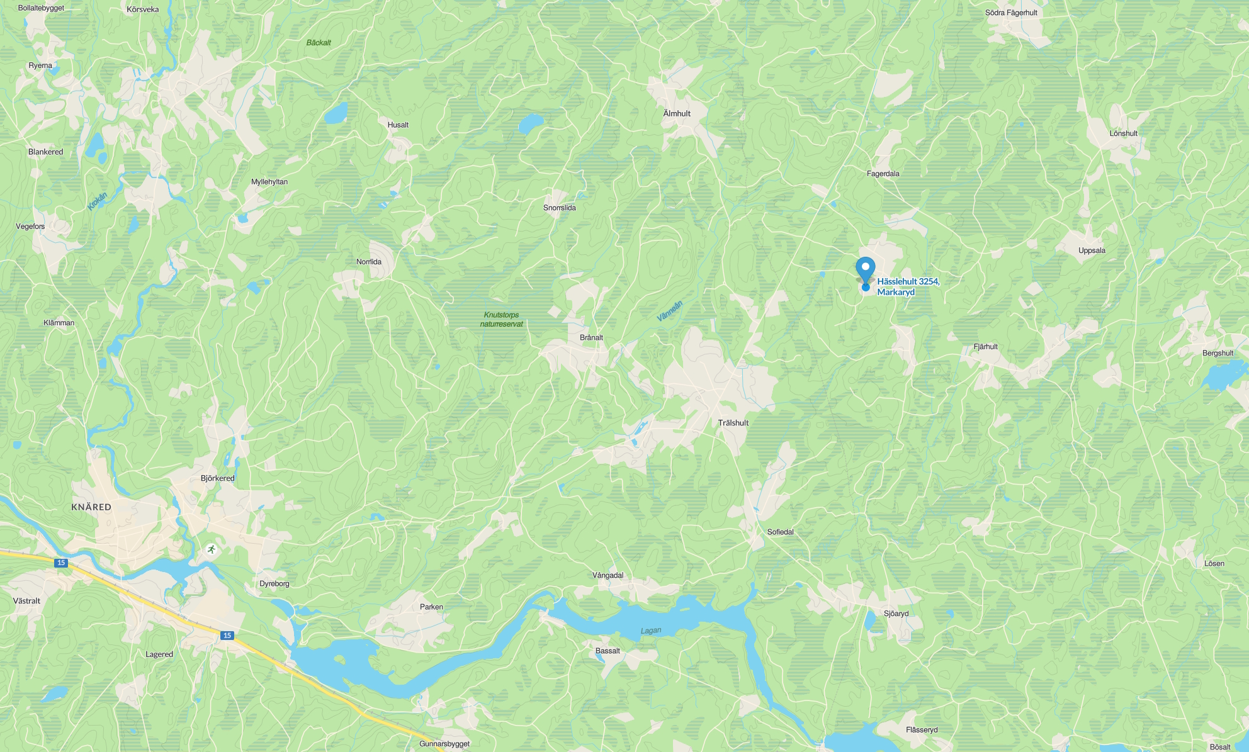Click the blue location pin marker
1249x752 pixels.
(x=866, y=270)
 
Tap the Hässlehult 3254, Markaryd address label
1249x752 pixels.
(x=908, y=286)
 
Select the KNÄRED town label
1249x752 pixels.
(x=91, y=507)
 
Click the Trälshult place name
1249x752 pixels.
(x=733, y=423)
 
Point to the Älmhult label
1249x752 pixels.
(x=677, y=113)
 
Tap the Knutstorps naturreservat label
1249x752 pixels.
(x=502, y=319)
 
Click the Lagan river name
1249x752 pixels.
(x=651, y=631)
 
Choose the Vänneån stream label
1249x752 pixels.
(x=670, y=311)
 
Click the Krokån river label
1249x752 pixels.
(x=97, y=201)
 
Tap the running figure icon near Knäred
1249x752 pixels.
(x=212, y=549)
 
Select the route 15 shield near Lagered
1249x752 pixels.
(x=227, y=636)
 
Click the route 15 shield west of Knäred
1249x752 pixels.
(x=60, y=563)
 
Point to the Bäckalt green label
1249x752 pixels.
(x=319, y=43)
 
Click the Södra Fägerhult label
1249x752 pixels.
(x=1011, y=13)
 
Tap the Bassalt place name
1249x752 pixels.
(x=608, y=651)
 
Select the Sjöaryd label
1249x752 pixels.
(x=896, y=614)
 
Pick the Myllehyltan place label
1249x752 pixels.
(x=269, y=182)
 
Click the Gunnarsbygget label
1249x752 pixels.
(x=444, y=744)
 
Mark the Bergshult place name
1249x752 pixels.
(x=1218, y=353)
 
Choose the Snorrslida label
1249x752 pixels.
(x=560, y=208)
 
